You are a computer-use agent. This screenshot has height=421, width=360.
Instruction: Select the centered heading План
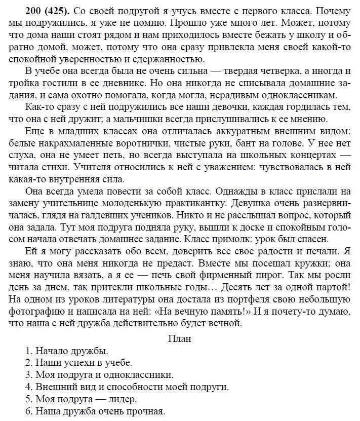[179, 338]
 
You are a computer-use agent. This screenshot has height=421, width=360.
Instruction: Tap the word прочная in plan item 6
[149, 410]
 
